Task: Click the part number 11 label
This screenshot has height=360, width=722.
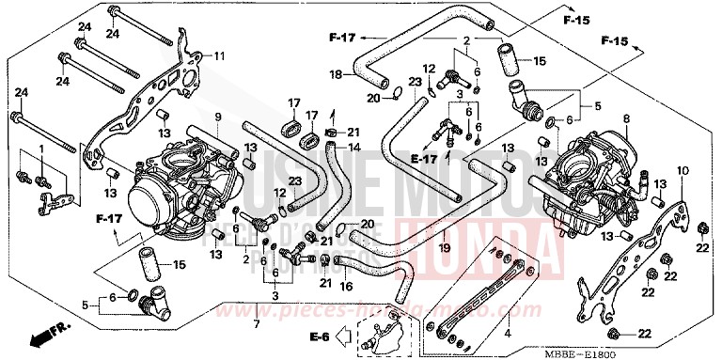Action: (x=220, y=55)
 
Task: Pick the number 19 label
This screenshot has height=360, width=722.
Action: (x=444, y=247)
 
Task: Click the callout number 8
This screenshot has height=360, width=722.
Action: (x=626, y=119)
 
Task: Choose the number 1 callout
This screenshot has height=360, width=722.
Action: (x=40, y=150)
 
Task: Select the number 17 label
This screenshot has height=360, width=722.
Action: (x=294, y=103)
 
